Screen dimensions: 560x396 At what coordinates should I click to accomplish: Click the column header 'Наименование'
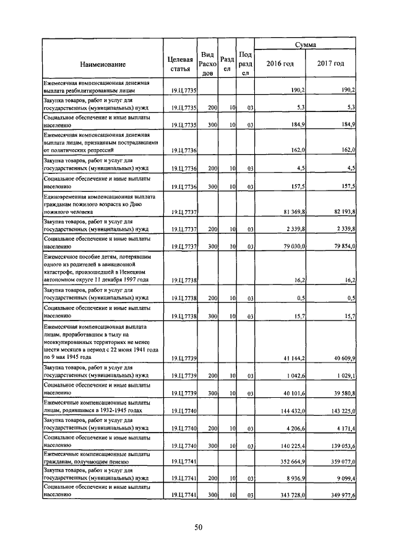[103, 64]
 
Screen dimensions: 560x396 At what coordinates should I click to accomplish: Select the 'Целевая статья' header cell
[180, 64]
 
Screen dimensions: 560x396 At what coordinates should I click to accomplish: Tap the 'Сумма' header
[306, 45]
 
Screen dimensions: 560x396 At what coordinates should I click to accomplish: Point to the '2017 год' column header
[331, 64]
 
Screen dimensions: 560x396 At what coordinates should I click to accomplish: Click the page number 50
[199, 527]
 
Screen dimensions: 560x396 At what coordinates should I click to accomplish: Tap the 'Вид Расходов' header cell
[208, 64]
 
